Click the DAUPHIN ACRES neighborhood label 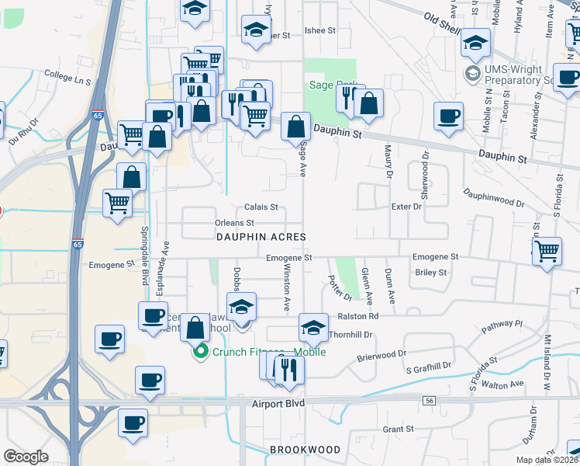point(261,236)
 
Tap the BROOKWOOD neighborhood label point(305,450)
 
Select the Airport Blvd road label point(278,404)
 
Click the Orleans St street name point(234,223)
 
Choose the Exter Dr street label point(406,207)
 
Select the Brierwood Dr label point(381,355)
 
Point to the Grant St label point(399,429)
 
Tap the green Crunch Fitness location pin point(200,351)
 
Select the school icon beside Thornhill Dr point(313,328)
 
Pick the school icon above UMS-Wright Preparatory point(475,43)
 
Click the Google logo point(26,457)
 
